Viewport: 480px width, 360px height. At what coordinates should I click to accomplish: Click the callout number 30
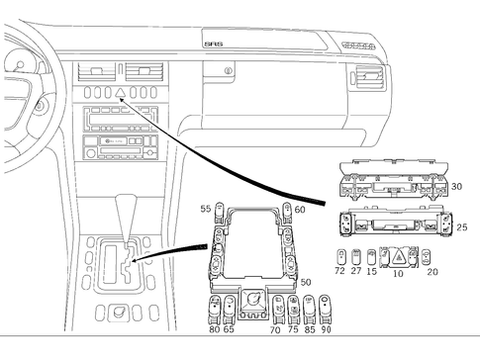[456, 185]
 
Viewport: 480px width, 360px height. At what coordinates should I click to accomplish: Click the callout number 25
[460, 227]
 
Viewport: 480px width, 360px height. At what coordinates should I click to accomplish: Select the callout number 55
[205, 209]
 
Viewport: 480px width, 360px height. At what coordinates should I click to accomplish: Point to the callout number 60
[299, 209]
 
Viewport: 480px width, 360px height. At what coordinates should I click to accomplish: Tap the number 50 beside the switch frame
[306, 283]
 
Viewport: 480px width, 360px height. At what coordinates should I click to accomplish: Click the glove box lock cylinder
[230, 72]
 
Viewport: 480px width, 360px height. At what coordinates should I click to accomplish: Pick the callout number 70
[275, 329]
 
